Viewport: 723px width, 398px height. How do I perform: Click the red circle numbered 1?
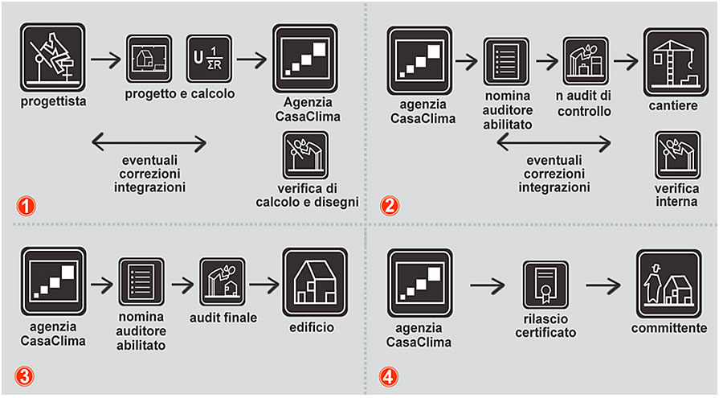tap(27, 204)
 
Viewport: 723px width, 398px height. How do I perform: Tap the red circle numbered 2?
tap(390, 204)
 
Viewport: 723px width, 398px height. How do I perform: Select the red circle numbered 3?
tap(27, 376)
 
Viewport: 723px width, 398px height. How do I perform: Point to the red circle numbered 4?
tap(390, 376)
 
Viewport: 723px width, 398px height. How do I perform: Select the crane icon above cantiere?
tap(675, 62)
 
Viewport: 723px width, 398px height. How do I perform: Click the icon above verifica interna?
tap(677, 154)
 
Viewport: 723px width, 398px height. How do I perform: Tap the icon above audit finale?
tap(223, 281)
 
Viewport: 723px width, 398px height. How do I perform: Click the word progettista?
tap(54, 102)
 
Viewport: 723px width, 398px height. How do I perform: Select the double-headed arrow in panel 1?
tap(149, 144)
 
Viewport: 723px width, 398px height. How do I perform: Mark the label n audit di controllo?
tap(583, 105)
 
